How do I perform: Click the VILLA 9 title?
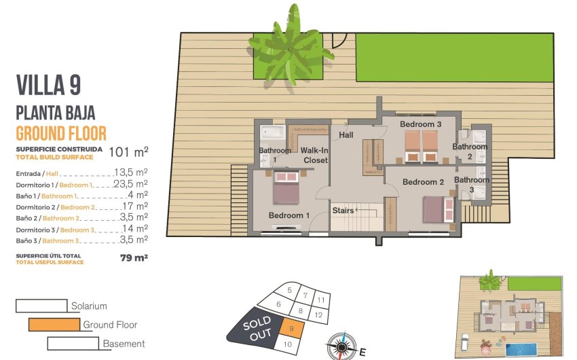click(48, 85)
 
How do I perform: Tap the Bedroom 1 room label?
click(289, 215)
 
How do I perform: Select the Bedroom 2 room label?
click(423, 182)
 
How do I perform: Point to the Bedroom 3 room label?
click(420, 124)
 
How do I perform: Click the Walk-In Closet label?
click(314, 155)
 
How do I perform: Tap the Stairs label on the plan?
click(343, 211)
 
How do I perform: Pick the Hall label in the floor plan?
click(346, 135)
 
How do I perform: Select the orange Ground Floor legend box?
click(54, 325)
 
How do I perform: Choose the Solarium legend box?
click(41, 306)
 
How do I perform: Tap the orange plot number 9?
click(291, 329)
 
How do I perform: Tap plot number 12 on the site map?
click(318, 315)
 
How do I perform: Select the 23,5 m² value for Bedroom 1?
click(131, 184)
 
